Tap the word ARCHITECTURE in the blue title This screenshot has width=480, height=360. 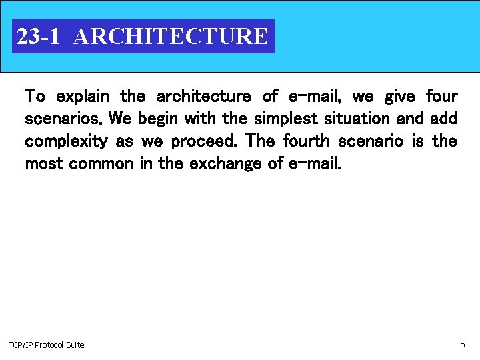point(171,36)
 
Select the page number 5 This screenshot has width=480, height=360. point(462,344)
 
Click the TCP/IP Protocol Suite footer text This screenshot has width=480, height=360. point(47,345)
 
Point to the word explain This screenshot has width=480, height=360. point(83,97)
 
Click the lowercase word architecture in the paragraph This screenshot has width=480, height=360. point(203,97)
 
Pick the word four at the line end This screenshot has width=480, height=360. point(441,97)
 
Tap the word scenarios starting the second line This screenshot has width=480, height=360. point(63,119)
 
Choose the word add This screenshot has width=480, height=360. point(443,119)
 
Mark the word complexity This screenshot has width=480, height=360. point(66,141)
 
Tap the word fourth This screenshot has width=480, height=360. point(305,141)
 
